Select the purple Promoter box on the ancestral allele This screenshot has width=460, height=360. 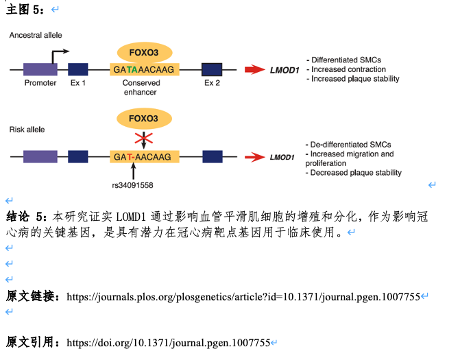coord(40,69)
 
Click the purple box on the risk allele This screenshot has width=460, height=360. coord(40,156)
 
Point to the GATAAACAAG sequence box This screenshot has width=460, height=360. coord(145,69)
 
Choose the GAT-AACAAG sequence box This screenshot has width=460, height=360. coord(145,157)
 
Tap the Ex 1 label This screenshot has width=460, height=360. coord(78,83)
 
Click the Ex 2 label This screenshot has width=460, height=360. coord(213,83)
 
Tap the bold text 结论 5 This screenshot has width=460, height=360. coord(27,217)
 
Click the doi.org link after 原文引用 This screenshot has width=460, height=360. coord(169,342)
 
